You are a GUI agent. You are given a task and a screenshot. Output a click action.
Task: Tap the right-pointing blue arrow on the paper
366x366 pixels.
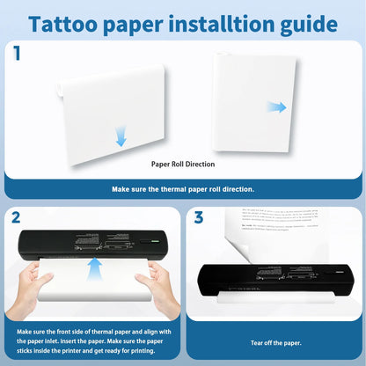[277, 107]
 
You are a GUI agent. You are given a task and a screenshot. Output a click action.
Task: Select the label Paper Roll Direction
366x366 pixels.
[182, 164]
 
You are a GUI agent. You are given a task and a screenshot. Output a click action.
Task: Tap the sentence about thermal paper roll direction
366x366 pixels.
[182, 188]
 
